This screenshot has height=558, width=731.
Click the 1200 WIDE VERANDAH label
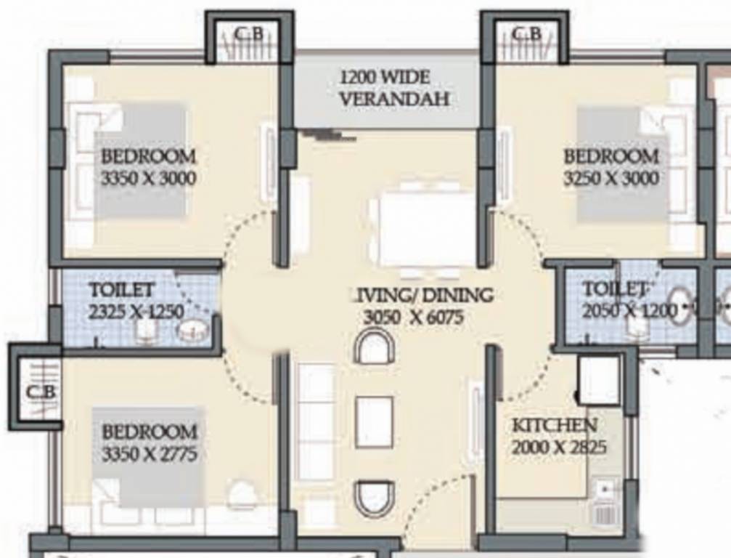coord(385,88)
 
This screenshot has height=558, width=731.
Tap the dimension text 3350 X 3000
coord(148,178)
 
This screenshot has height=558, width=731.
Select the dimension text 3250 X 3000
coord(611,178)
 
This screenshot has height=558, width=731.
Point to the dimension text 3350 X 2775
coord(149,455)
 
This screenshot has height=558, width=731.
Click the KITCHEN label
coord(555,425)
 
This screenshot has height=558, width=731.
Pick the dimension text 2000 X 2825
coord(558,448)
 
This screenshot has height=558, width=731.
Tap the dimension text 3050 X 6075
coord(412,317)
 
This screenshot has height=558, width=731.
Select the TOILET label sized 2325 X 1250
coord(121,290)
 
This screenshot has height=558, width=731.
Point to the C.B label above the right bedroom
coord(526,34)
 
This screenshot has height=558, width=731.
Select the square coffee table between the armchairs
coord(374,422)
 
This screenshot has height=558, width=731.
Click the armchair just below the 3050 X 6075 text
coord(374,347)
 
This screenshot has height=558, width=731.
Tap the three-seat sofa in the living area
coord(316,421)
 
